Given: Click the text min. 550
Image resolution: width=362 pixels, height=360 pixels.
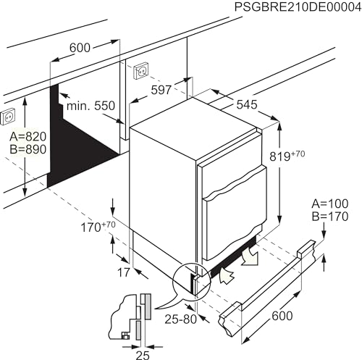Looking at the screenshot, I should [x=90, y=106].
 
